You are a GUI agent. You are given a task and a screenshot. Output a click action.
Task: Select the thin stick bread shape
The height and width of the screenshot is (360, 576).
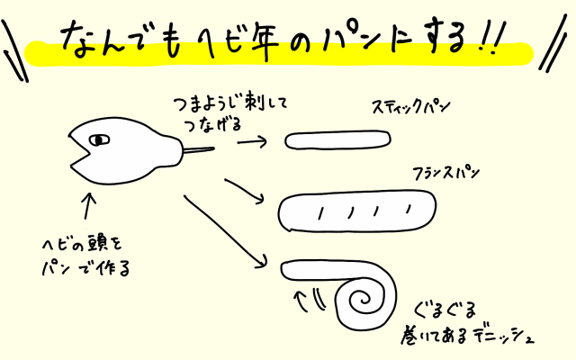click(337, 140)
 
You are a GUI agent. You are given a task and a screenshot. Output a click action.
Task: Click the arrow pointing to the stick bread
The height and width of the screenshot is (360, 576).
click(256, 141)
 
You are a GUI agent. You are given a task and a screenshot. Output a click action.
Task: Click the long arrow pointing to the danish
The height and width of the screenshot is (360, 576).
click(225, 230)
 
